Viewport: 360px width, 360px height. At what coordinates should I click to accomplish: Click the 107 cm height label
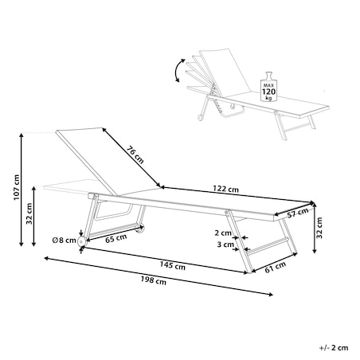tap(17, 187)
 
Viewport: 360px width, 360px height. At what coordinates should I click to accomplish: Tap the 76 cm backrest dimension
tap(135, 155)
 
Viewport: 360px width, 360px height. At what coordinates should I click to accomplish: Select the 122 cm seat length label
tap(225, 189)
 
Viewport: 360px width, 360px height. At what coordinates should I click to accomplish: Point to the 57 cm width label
tap(298, 213)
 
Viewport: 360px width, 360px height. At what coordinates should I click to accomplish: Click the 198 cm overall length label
tap(154, 280)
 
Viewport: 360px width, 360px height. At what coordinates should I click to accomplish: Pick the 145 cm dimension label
tap(172, 265)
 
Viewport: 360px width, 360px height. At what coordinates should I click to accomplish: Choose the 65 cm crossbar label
tap(115, 238)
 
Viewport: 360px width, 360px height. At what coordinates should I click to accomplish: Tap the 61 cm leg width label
tap(276, 267)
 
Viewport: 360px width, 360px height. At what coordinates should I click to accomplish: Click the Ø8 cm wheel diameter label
tap(65, 241)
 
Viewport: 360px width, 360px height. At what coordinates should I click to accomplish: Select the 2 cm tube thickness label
tap(223, 233)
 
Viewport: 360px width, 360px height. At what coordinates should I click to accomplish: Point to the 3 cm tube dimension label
tap(225, 245)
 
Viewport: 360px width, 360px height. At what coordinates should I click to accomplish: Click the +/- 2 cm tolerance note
tap(334, 347)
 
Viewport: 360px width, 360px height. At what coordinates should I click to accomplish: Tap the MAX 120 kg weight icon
tap(268, 87)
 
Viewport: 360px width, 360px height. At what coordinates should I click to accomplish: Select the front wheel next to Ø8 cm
tap(81, 241)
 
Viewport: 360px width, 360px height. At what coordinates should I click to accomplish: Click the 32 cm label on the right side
tap(319, 228)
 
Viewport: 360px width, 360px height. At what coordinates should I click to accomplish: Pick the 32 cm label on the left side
tap(29, 213)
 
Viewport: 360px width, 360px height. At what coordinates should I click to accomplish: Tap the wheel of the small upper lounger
tap(200, 117)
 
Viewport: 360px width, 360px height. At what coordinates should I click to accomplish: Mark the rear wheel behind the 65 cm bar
tap(140, 229)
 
